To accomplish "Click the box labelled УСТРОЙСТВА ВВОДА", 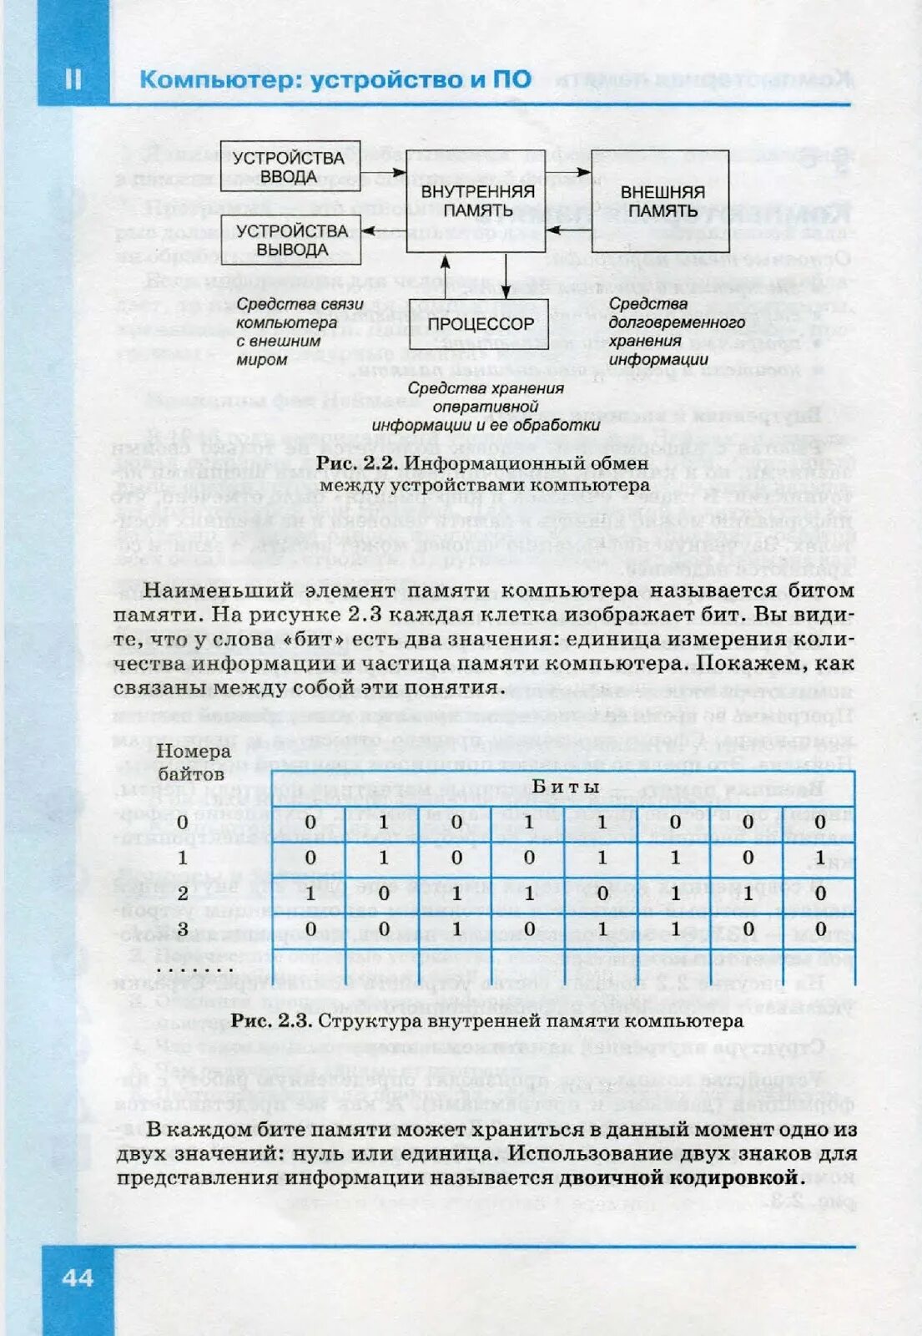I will point(290,167).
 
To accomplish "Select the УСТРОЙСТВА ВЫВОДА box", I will point(290,240).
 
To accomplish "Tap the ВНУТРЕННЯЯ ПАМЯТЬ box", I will point(476,201).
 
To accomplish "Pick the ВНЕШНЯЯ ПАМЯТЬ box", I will point(661,201).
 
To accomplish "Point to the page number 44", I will point(77,1278).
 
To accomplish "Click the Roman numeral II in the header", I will point(73,78).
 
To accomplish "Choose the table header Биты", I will point(566,787).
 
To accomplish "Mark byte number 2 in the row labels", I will point(182,893).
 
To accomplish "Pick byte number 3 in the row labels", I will point(182,929).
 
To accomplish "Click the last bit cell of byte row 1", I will point(819,858).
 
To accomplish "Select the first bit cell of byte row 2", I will point(310,893).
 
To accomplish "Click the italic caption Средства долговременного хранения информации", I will point(676,331).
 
